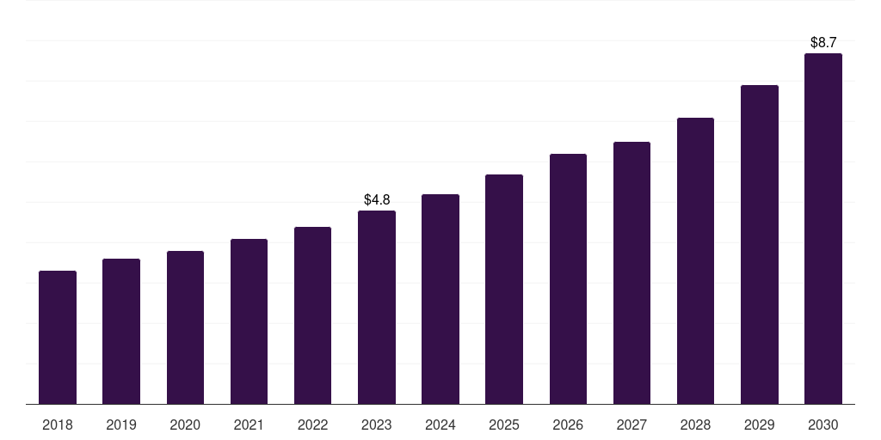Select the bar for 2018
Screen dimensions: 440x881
pos(58,338)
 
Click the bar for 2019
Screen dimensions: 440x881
pos(121,332)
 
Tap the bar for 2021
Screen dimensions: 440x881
pos(249,321)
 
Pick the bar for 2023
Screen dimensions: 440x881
pos(377,308)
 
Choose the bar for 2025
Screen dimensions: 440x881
pos(504,290)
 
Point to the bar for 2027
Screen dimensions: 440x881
pos(631,273)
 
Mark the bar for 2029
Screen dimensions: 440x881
pos(760,245)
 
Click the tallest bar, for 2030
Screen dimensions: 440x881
pos(823,229)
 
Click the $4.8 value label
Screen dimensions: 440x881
pos(377,200)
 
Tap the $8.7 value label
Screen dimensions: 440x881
pos(823,42)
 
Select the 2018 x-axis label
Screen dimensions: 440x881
pos(58,425)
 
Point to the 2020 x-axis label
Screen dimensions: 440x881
pos(185,425)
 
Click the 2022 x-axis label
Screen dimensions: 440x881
pos(312,425)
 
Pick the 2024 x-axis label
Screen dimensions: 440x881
pos(440,425)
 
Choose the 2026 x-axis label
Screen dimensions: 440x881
pos(568,425)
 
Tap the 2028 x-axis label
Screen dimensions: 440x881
pos(695,425)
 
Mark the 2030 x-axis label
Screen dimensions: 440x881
pos(823,425)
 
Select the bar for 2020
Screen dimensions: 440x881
pos(185,327)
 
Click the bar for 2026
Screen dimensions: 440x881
pos(568,279)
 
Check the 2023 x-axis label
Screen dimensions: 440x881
pos(377,425)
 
